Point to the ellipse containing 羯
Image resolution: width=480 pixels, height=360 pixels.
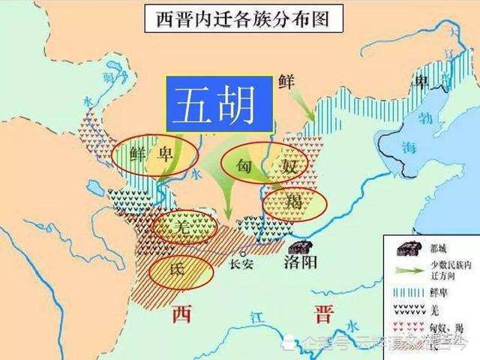pos(295,202)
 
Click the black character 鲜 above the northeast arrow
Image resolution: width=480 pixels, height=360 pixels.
pos(285,81)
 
